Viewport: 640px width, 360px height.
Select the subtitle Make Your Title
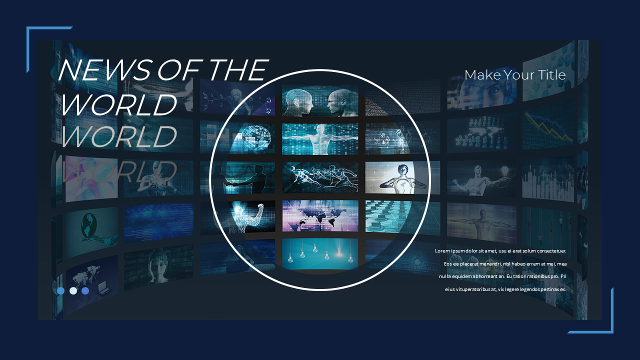pyautogui.click(x=515, y=75)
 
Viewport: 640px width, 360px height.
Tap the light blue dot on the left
pyautogui.click(x=61, y=290)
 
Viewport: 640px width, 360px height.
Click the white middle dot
pyautogui.click(x=73, y=290)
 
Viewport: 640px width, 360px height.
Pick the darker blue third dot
pyautogui.click(x=85, y=290)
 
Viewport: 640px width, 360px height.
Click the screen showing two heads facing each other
pyautogui.click(x=320, y=101)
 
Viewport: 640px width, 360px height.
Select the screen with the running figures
pyautogui.click(x=320, y=177)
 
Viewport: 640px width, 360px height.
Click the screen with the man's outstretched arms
pyautogui.click(x=320, y=139)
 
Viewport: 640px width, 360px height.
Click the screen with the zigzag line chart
pyautogui.click(x=548, y=125)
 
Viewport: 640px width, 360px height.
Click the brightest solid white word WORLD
pyautogui.click(x=118, y=104)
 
